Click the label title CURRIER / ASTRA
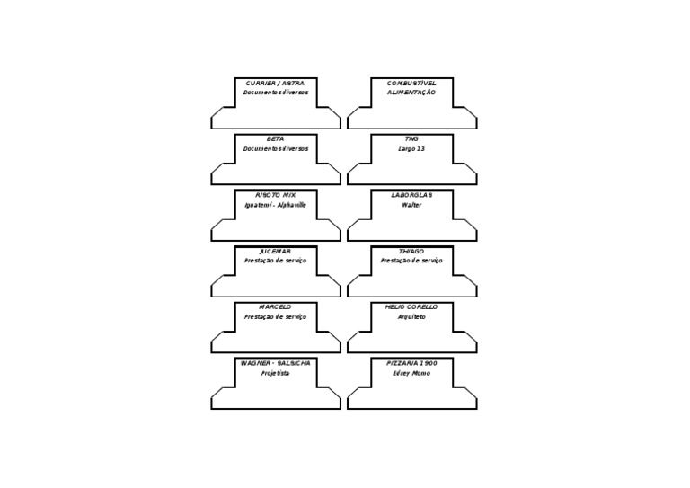click(275, 83)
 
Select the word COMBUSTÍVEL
click(411, 83)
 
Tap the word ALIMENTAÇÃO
click(411, 93)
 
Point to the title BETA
click(275, 139)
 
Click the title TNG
click(411, 139)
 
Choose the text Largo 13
click(411, 148)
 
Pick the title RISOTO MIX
click(275, 195)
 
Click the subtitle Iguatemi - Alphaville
click(275, 204)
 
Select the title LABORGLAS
click(411, 195)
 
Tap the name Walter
click(411, 204)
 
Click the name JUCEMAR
click(275, 251)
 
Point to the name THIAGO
click(411, 251)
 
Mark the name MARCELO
click(275, 306)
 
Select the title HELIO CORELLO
click(411, 306)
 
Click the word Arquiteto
click(411, 316)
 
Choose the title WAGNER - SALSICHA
click(275, 362)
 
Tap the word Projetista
click(275, 372)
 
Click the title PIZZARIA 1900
click(411, 362)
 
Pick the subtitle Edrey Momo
click(411, 372)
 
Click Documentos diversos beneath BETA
click(275, 148)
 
